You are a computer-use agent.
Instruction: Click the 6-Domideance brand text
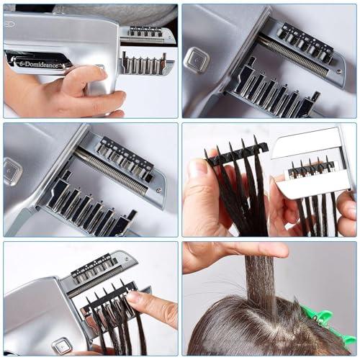(40, 63)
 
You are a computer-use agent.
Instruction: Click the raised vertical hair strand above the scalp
(260, 284)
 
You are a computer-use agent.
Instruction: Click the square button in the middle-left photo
(13, 171)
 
